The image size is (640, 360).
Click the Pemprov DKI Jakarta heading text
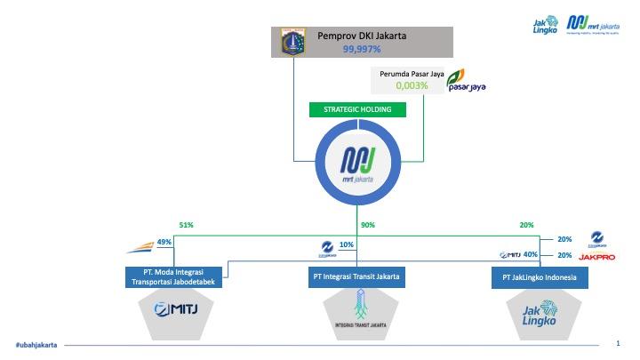356,36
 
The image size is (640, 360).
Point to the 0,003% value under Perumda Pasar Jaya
412,86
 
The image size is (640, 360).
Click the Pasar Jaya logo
466,81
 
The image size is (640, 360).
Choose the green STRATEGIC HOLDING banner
356,110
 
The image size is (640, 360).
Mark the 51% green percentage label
186,225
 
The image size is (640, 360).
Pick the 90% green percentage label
368,225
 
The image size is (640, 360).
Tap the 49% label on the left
164,242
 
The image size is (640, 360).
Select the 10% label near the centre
347,244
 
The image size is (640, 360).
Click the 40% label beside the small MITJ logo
532,254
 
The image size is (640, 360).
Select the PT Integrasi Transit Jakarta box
356,276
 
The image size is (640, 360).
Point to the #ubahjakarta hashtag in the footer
36,345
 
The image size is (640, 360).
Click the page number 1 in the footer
618,343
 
